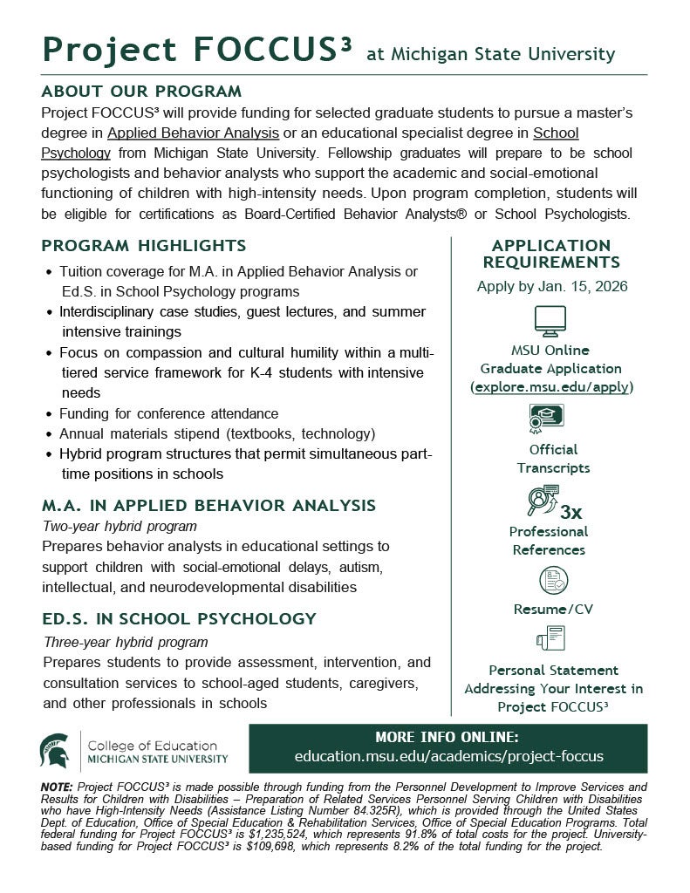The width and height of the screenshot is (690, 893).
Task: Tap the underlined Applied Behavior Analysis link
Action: [x=193, y=133]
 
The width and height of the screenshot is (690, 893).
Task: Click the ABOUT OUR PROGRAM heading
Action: [x=141, y=92]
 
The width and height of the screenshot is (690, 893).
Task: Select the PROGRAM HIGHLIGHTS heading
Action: [x=144, y=246]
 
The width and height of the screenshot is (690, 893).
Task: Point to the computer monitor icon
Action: [x=550, y=322]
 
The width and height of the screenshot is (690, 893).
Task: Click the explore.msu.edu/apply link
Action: [x=552, y=386]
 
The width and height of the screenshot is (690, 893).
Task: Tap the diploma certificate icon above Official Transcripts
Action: [x=546, y=420]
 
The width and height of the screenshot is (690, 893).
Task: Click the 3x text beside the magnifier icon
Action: [x=571, y=511]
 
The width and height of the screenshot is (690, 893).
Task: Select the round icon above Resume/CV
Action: [x=553, y=580]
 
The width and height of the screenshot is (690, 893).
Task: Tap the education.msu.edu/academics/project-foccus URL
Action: [x=449, y=756]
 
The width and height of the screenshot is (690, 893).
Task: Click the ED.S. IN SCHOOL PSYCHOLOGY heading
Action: [x=179, y=619]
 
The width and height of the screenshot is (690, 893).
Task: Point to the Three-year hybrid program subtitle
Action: [x=126, y=642]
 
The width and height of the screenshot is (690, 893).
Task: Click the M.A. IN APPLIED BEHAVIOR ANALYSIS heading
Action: [x=209, y=506]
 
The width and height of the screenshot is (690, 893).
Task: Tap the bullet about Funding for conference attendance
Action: [x=169, y=413]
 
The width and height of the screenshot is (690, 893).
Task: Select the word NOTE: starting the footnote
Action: [x=58, y=787]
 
